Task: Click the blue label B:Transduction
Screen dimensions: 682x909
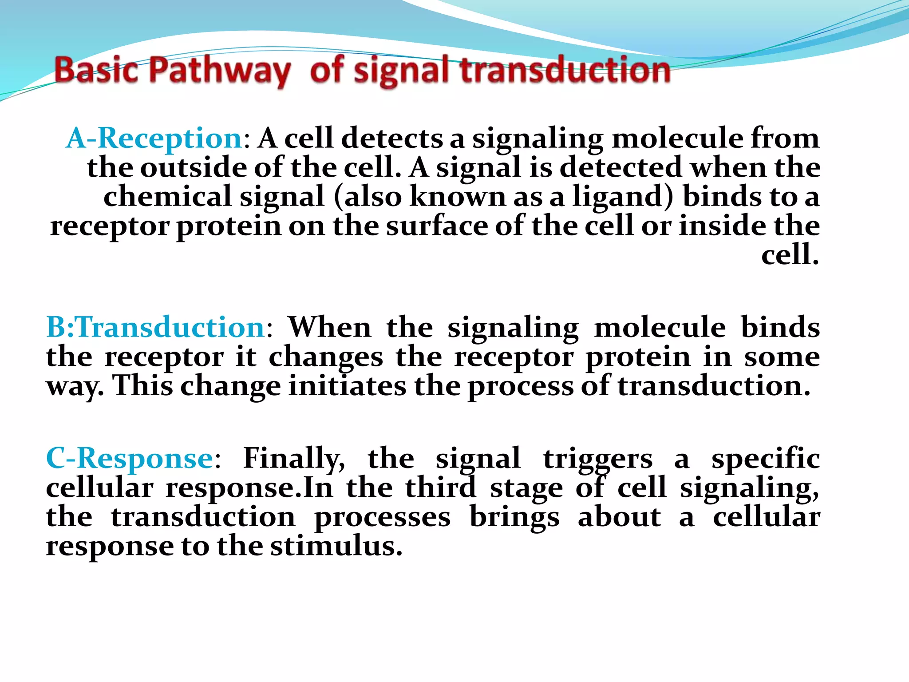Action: click(156, 327)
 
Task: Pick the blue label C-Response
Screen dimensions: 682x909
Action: click(129, 458)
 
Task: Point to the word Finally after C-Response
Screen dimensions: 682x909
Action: click(293, 458)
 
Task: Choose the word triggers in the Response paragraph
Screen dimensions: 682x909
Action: click(598, 459)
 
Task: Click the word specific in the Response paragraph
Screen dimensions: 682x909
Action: click(765, 458)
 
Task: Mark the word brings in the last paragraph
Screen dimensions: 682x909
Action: click(514, 518)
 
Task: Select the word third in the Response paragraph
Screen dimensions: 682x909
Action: click(440, 488)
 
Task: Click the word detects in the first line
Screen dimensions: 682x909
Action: click(392, 138)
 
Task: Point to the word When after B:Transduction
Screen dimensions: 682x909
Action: click(329, 327)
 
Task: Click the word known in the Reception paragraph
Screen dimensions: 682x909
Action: click(457, 197)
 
